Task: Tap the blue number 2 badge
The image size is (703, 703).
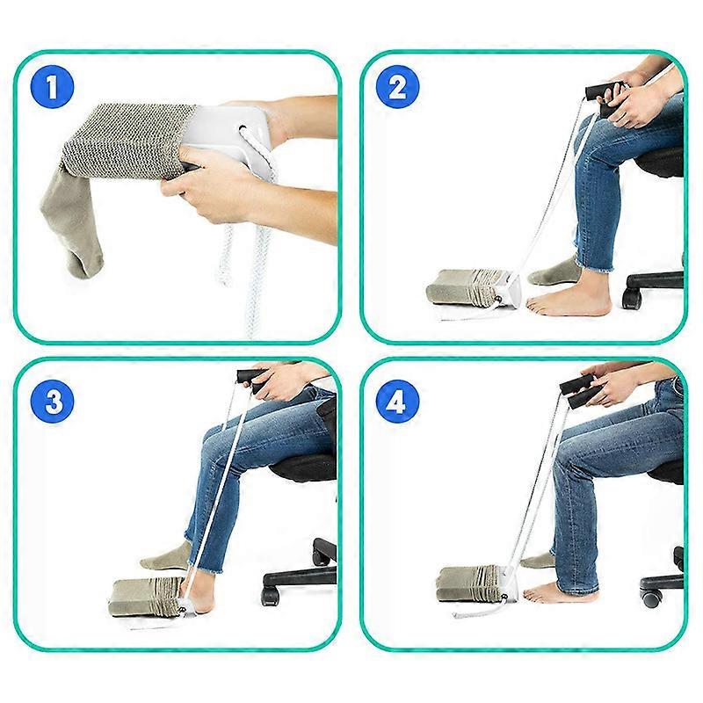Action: (396, 87)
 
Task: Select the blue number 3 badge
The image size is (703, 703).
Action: (52, 402)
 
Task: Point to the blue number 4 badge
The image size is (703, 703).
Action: (396, 402)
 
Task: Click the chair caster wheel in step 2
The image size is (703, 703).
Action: (632, 298)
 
